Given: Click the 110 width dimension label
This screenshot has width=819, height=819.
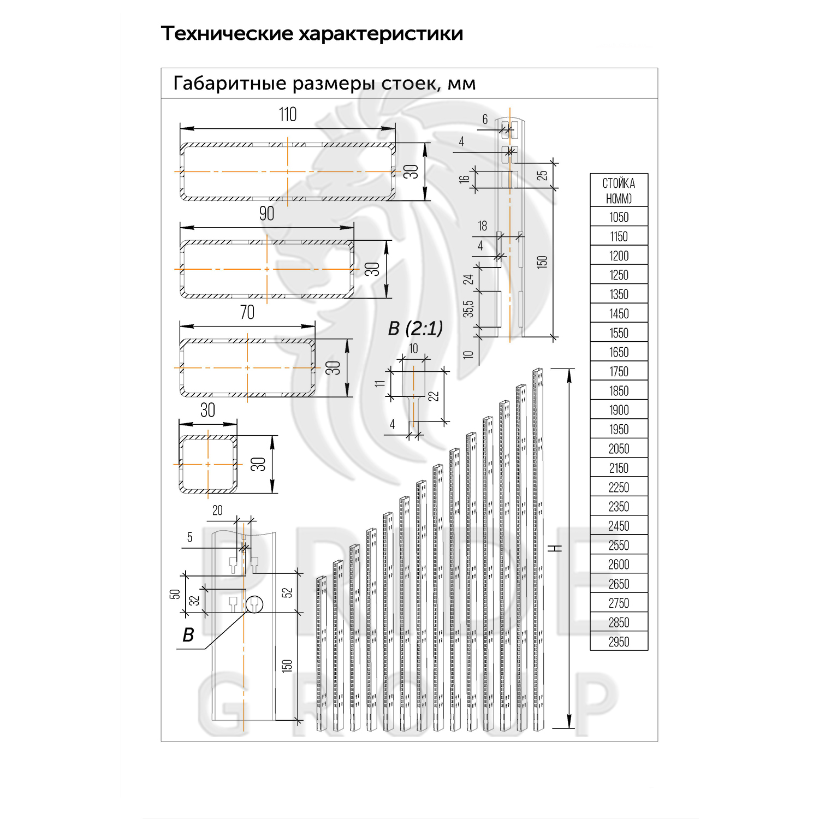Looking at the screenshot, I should pyautogui.click(x=288, y=115).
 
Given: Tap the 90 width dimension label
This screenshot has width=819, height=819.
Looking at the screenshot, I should pyautogui.click(x=266, y=213).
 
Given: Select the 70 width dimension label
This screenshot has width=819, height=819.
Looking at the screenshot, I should pyautogui.click(x=247, y=312).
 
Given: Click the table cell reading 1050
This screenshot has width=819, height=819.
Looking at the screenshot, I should pyautogui.click(x=619, y=217).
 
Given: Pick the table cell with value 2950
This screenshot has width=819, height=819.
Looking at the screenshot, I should pyautogui.click(x=619, y=642).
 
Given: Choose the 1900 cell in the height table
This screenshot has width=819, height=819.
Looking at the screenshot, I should pyautogui.click(x=619, y=410).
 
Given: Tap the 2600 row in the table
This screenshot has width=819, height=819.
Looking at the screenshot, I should pyautogui.click(x=619, y=565).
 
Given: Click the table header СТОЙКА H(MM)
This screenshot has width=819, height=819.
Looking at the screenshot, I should pyautogui.click(x=619, y=191).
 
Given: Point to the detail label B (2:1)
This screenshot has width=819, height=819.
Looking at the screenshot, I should pyautogui.click(x=415, y=329).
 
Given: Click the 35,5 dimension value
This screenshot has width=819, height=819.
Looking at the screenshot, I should pyautogui.click(x=468, y=309).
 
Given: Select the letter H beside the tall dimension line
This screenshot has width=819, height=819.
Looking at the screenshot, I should pyautogui.click(x=558, y=548).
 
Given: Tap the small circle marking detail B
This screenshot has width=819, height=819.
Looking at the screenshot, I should pyautogui.click(x=254, y=604).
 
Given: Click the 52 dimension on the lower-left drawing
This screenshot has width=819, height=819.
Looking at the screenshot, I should pyautogui.click(x=287, y=592).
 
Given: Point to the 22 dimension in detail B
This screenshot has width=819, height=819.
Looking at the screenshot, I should pyautogui.click(x=434, y=395).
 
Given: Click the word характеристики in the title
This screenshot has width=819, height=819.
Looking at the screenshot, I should pyautogui.click(x=381, y=34).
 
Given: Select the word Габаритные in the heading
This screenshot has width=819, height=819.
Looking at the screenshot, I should pyautogui.click(x=230, y=84).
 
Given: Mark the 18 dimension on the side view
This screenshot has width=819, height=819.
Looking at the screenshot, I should pyautogui.click(x=482, y=226).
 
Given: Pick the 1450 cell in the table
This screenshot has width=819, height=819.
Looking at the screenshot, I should pyautogui.click(x=619, y=314).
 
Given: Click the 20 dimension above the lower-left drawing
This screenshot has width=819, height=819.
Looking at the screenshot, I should pyautogui.click(x=217, y=511).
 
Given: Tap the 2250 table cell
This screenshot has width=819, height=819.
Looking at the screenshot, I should pyautogui.click(x=619, y=488).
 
